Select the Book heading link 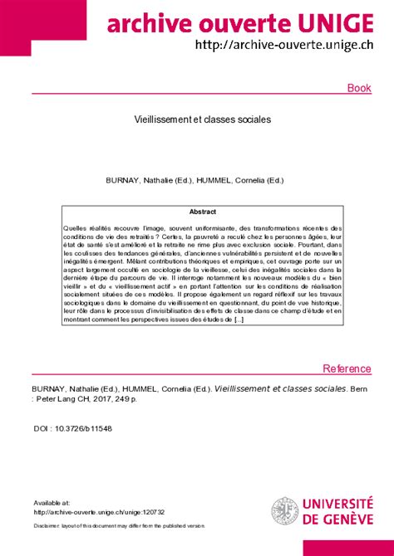click(x=358, y=88)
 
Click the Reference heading click(x=347, y=368)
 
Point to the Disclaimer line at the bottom click(x=119, y=526)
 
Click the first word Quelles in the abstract click(x=75, y=227)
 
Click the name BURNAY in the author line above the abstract click(x=122, y=178)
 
